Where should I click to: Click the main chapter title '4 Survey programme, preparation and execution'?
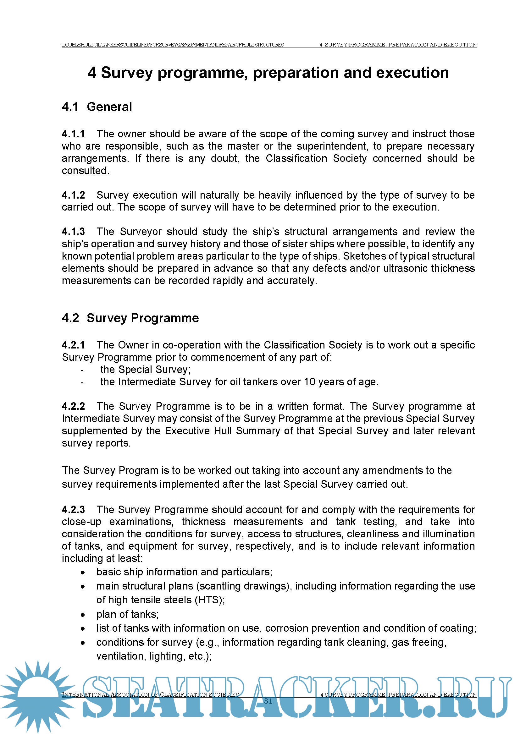(268, 73)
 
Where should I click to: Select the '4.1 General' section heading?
(97, 107)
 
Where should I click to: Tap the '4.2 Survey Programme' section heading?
(130, 318)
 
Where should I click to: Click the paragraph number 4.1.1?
(73, 134)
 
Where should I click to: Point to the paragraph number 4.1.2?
(73, 195)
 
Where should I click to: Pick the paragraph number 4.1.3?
(73, 232)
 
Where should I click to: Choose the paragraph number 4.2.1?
(73, 345)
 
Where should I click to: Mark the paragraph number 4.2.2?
(73, 406)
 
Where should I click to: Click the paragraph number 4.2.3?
(73, 510)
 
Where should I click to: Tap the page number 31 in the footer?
(268, 701)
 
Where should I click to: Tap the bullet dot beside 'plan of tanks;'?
(83, 615)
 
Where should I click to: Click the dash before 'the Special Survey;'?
(82, 370)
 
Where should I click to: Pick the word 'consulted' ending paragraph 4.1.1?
(85, 171)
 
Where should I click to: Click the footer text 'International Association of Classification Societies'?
(151, 695)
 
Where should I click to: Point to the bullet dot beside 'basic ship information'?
(83, 572)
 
